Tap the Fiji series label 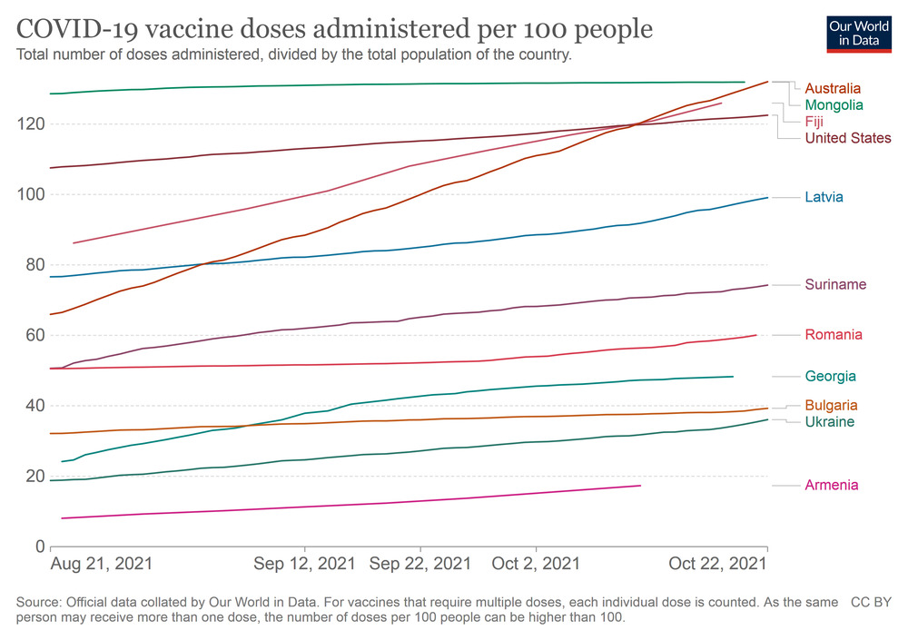(814, 121)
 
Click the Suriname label (835, 284)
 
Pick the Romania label (833, 335)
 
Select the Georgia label (830, 376)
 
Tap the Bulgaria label (831, 405)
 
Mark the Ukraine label (829, 421)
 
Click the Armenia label (831, 485)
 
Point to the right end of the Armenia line (640, 486)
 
